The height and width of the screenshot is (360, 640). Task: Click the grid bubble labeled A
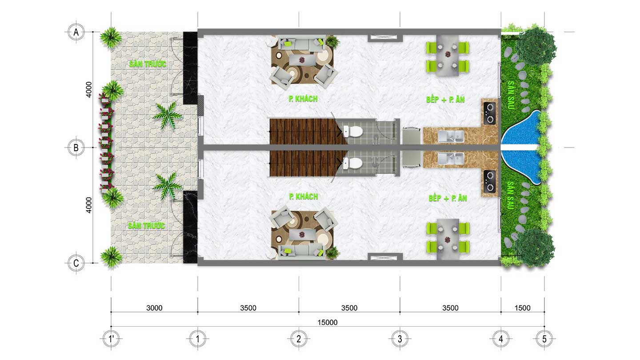[76, 32]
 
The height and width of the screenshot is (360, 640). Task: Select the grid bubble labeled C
[76, 263]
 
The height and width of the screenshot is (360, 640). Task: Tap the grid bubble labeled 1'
[111, 339]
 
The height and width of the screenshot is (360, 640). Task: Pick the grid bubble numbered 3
[400, 339]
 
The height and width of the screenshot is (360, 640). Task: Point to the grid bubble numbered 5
[544, 339]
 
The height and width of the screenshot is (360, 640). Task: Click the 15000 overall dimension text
[328, 323]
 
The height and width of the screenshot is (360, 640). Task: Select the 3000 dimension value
[154, 308]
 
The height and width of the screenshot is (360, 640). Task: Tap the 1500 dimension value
[522, 308]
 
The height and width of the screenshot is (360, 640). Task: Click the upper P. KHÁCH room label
[303, 99]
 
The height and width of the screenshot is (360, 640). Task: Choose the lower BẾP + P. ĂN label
[448, 198]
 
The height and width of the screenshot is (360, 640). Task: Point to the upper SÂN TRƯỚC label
[148, 64]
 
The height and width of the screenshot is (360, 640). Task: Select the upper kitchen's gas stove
[490, 113]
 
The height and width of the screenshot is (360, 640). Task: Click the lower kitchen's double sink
[451, 159]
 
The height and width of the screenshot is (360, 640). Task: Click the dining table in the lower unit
[448, 239]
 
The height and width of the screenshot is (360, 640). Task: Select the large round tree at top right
[536, 46]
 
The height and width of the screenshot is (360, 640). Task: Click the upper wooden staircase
[308, 132]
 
